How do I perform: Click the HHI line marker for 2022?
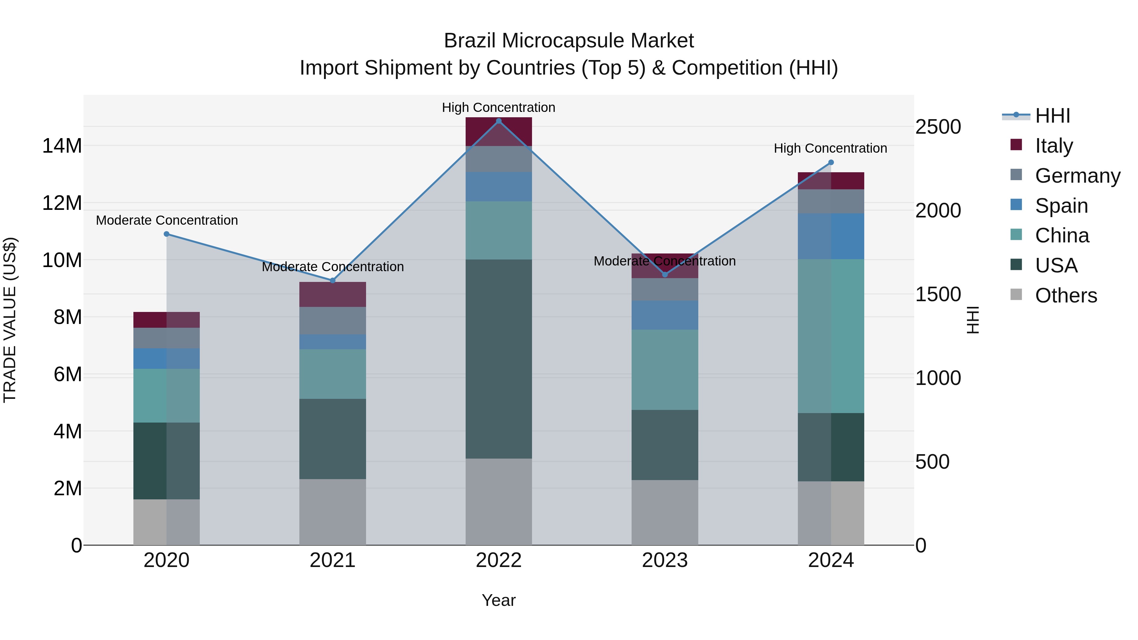coord(499,121)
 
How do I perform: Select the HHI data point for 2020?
coord(167,234)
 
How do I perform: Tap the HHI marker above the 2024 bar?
coord(830,162)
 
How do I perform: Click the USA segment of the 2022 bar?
coord(499,359)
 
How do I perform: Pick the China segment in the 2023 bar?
coord(664,370)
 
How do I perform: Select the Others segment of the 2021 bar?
coord(333,512)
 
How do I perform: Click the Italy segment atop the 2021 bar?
coord(333,294)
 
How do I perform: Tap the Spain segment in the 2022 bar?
coord(499,187)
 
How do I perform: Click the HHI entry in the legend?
coord(1052,116)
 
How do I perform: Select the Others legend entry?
coord(1066,296)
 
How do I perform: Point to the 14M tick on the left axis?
coord(62,146)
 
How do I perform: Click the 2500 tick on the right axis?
coord(938,127)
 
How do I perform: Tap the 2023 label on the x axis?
coord(664,560)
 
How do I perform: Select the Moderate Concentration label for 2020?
coord(167,220)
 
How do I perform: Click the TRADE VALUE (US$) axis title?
coord(10,320)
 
